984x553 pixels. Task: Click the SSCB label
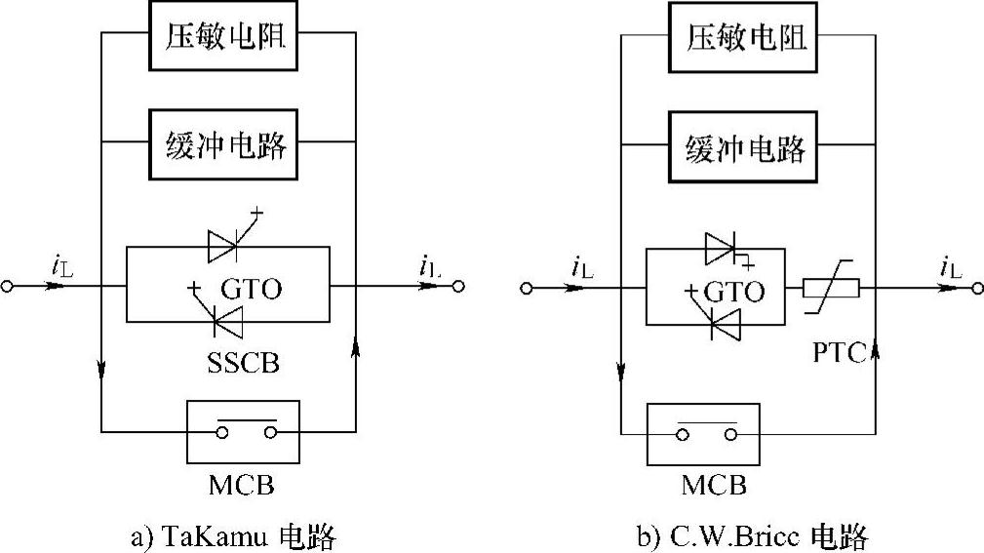coord(243,364)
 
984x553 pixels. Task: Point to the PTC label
coord(841,353)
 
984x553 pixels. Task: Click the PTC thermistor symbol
coord(830,289)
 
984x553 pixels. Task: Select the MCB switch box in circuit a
coord(243,431)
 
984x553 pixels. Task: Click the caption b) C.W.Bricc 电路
coord(750,535)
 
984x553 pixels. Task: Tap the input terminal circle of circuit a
coord(10,288)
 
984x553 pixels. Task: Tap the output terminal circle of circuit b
coord(975,289)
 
